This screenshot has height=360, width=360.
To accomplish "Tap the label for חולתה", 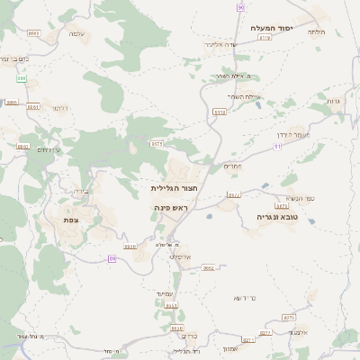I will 316,31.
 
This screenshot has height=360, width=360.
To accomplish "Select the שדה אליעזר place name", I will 244,44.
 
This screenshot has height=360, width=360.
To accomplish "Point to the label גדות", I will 334,101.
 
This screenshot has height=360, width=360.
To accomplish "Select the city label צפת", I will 69,220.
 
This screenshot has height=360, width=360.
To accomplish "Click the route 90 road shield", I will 241,7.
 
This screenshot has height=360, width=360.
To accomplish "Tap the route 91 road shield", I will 278,145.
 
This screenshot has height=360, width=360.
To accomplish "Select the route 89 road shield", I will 112,258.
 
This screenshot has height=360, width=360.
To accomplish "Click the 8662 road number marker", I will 209,267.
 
